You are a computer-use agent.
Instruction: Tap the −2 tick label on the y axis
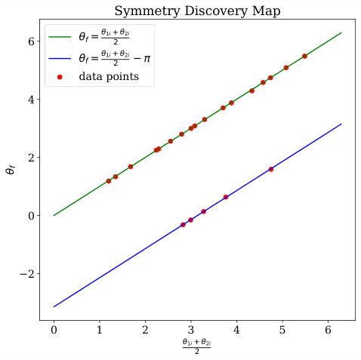point(27,274)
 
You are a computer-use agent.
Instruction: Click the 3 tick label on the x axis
point(190,331)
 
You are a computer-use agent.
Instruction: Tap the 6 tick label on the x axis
point(328,331)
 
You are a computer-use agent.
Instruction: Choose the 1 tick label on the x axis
point(99,331)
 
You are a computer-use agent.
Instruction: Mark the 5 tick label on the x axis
point(282,331)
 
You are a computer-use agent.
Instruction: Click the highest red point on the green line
point(304,56)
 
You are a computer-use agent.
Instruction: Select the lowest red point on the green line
point(109,181)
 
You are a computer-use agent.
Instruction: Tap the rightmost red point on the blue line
point(270,169)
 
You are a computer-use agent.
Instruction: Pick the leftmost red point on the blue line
point(183,225)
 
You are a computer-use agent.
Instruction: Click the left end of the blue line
point(54,307)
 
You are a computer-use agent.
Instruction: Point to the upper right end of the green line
point(341,32)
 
